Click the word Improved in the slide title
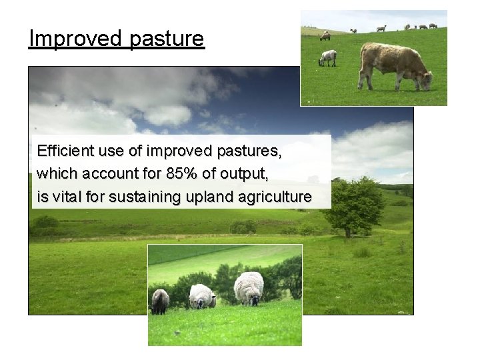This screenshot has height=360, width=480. pos(74,39)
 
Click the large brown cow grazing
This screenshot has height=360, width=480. pos(393,65)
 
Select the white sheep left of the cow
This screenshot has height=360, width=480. pos(327,57)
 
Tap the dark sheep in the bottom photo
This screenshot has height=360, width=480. pos(160,301)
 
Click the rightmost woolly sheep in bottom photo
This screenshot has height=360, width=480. pos(249,287)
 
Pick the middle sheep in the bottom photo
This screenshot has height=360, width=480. pos(201,296)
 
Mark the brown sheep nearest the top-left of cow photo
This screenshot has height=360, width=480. pos(325,35)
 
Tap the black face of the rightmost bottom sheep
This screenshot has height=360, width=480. pos(253,301)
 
